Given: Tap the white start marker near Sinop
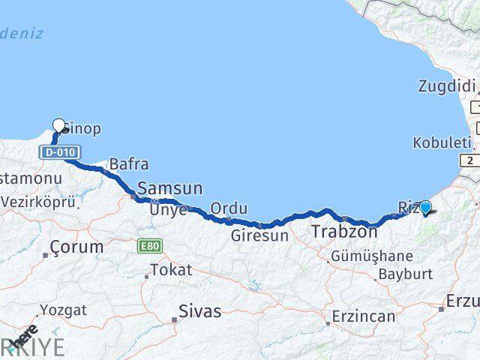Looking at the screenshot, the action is (x=59, y=125).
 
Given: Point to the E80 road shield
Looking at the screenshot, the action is (x=150, y=244).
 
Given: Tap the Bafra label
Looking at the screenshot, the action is (x=128, y=163).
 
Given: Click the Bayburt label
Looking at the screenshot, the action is (x=406, y=274).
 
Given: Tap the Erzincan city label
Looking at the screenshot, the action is (x=363, y=316).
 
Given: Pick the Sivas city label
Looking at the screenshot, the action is (x=200, y=310).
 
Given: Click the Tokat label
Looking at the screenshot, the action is (x=171, y=270).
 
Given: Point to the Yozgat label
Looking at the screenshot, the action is (x=63, y=310).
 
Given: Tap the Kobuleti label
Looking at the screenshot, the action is (x=442, y=142).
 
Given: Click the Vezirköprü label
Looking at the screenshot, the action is (x=38, y=202).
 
